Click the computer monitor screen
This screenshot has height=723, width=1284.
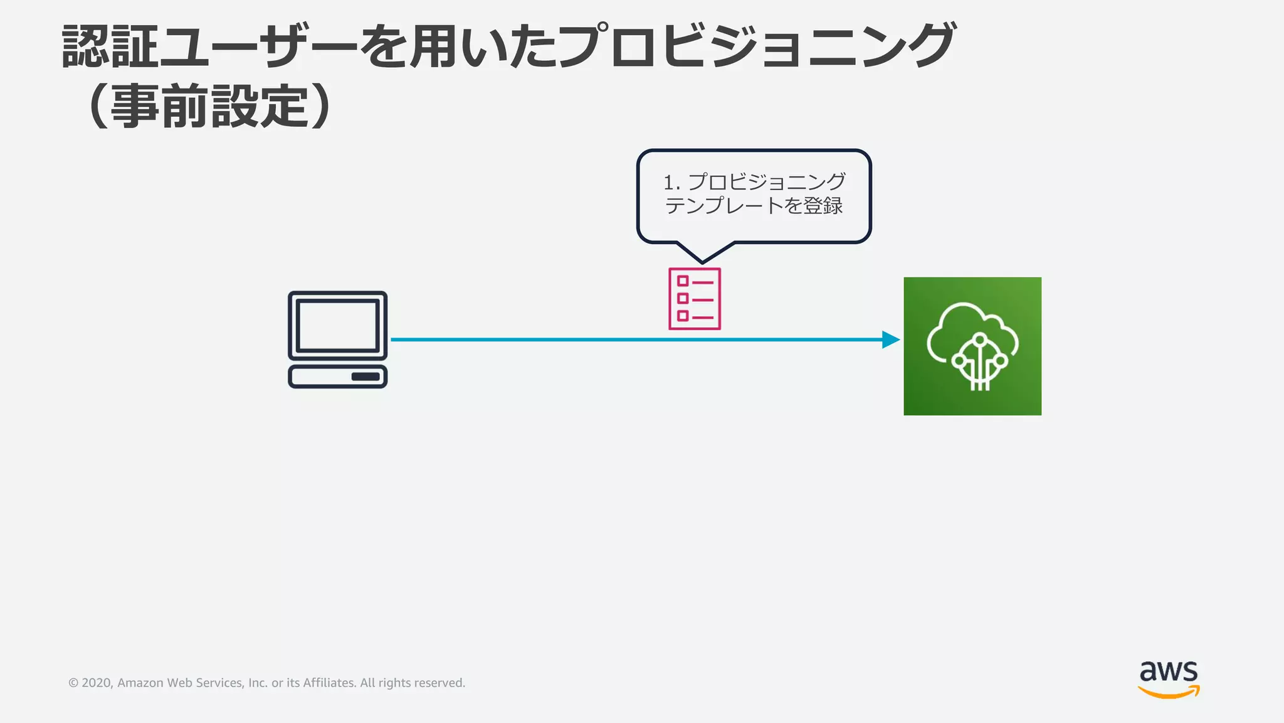tap(337, 325)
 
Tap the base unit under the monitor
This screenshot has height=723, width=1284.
tap(337, 377)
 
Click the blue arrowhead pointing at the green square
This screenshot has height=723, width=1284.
tap(890, 340)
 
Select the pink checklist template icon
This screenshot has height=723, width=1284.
tap(695, 299)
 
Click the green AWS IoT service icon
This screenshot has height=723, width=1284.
tap(972, 346)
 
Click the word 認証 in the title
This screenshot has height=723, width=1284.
tap(110, 47)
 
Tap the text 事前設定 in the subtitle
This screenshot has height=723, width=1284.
tap(210, 106)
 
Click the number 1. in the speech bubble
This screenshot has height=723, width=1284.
tap(671, 183)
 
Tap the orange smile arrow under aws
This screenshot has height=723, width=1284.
tap(1169, 692)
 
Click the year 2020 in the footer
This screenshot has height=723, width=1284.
tap(97, 683)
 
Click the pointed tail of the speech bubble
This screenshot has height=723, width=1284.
tap(702, 257)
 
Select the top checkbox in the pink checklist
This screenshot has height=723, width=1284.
tap(683, 281)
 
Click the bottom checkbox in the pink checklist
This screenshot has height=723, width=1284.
tap(683, 316)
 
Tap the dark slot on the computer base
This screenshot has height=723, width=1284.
tap(366, 377)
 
